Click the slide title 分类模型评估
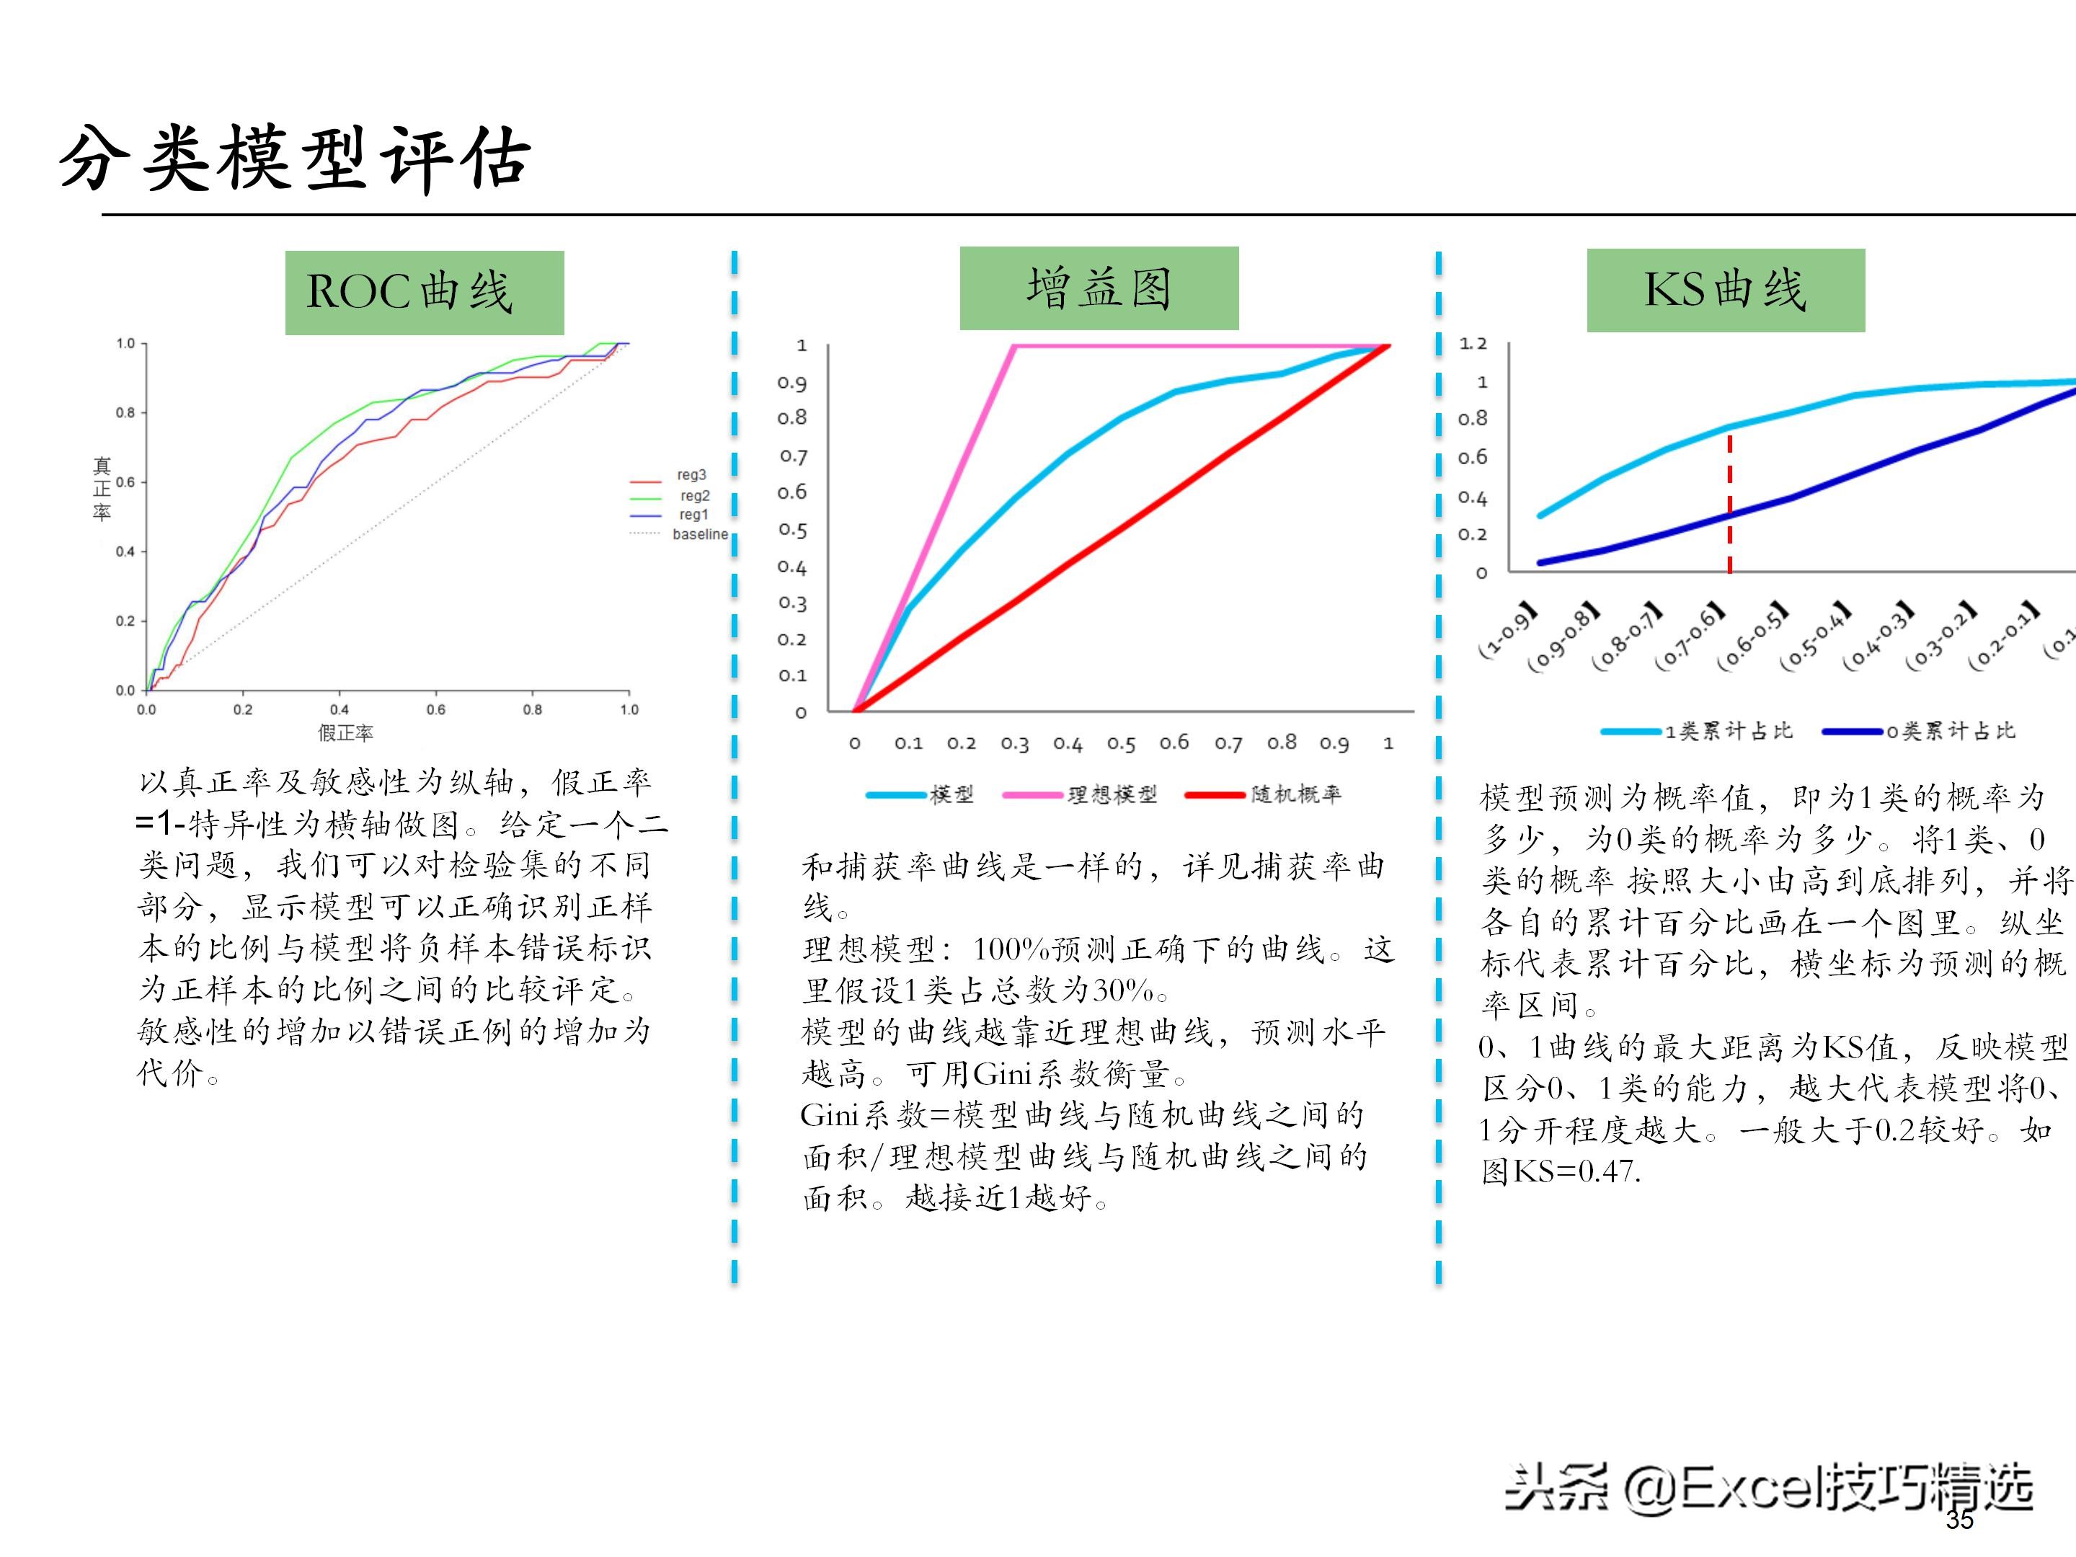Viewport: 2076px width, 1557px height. coord(295,158)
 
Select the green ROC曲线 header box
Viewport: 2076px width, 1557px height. coord(424,292)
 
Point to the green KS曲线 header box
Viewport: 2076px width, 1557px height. coord(1725,290)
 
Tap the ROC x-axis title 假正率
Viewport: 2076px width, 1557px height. coord(345,733)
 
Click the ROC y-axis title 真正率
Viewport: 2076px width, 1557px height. coord(102,489)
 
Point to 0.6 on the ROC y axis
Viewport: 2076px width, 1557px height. coord(125,482)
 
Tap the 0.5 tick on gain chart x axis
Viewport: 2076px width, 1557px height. coord(1121,744)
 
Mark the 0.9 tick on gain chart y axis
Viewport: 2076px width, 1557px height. coord(791,383)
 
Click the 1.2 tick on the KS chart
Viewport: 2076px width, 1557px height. coord(1473,344)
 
